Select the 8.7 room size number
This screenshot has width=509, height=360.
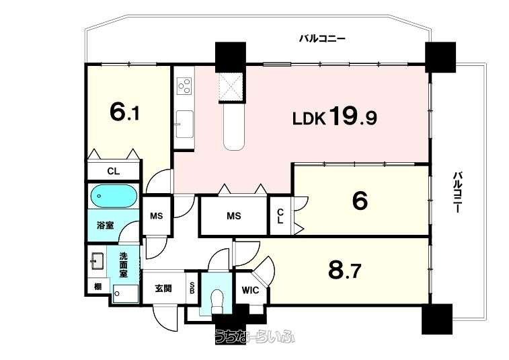click(x=344, y=271)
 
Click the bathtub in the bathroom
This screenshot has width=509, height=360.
click(x=113, y=196)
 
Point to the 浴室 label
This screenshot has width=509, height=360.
click(x=105, y=225)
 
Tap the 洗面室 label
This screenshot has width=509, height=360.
click(x=123, y=265)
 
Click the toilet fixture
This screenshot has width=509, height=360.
click(x=217, y=299)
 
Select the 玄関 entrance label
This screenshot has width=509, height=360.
click(x=163, y=288)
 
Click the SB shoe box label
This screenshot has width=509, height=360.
click(x=192, y=288)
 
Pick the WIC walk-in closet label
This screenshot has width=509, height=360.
click(x=250, y=290)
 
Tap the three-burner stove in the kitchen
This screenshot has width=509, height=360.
click(x=184, y=85)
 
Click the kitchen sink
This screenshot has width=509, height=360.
click(x=184, y=124)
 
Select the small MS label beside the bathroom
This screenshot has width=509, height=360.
click(x=156, y=216)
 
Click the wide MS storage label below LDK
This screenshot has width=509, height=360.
click(x=234, y=216)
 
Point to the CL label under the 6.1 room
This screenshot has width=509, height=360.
click(x=113, y=171)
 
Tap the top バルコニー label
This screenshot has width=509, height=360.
click(x=322, y=39)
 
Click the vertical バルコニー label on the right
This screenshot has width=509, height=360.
click(x=457, y=192)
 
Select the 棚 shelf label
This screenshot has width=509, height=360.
click(x=97, y=287)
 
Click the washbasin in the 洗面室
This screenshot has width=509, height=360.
click(x=97, y=261)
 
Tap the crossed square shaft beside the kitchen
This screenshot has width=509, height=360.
click(x=231, y=85)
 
